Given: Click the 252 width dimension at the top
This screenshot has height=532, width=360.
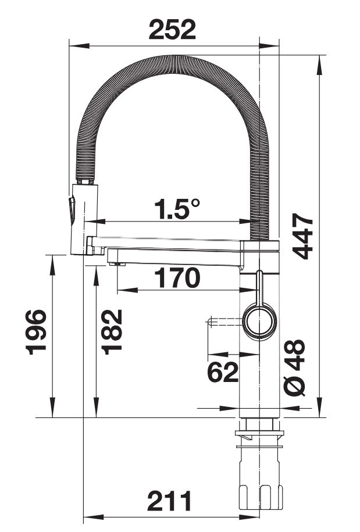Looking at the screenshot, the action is click(172, 30).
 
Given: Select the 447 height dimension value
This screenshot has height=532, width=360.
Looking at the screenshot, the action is click(302, 236).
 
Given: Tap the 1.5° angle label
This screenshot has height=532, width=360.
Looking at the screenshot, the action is click(177, 208).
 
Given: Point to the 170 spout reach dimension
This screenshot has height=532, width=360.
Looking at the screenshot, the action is click(177, 278).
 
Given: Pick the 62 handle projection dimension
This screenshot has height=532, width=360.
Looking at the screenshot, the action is click(223, 372).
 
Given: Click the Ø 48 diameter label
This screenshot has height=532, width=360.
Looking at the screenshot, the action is click(294, 368).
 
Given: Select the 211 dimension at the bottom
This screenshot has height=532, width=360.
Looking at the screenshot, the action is click(170, 501).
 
